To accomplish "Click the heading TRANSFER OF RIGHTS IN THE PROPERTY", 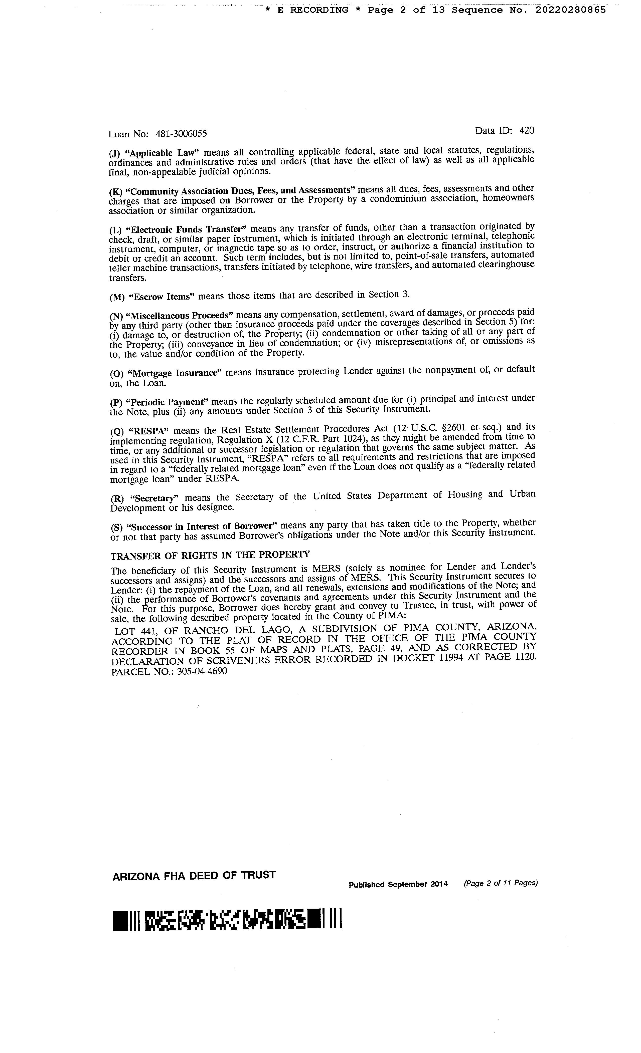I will [x=210, y=556].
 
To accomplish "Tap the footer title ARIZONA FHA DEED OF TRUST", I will [x=194, y=876].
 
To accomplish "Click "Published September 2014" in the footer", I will [x=398, y=884].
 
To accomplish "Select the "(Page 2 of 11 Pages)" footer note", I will [x=500, y=883].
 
